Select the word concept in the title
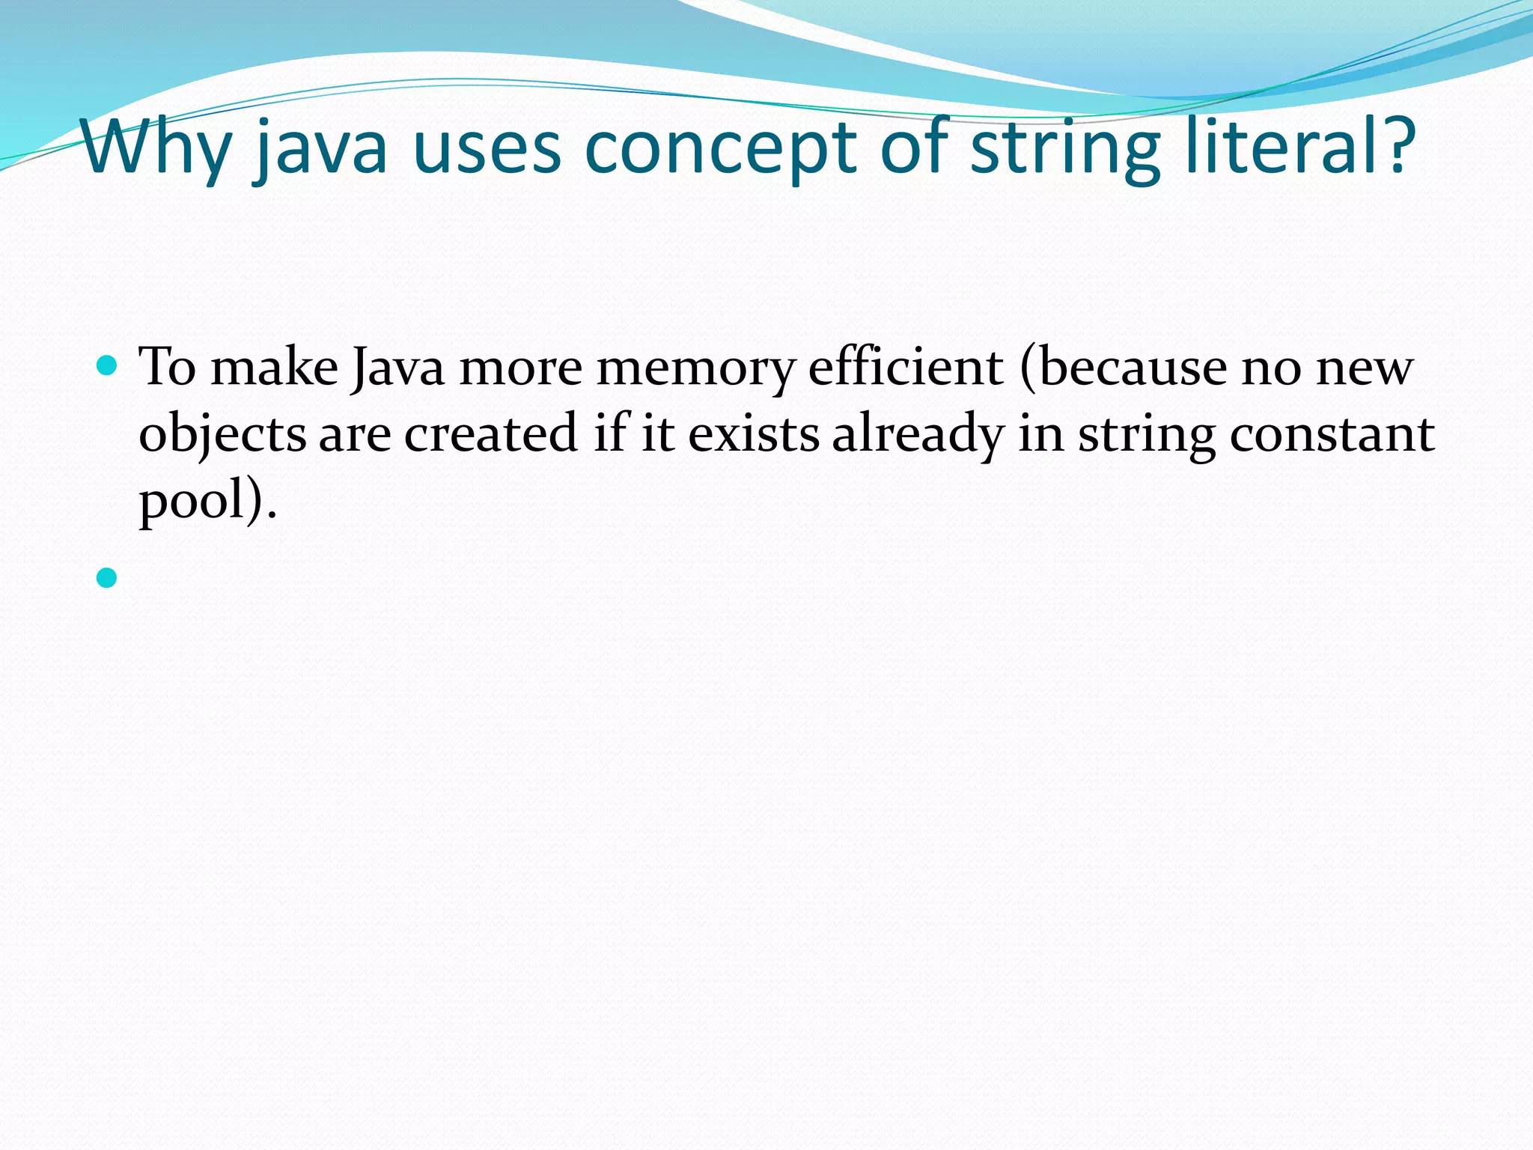pyautogui.click(x=718, y=150)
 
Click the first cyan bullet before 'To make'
pyautogui.click(x=108, y=366)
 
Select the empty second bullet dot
pyautogui.click(x=108, y=577)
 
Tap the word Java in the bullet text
pyautogui.click(x=397, y=368)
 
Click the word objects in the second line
pyautogui.click(x=222, y=435)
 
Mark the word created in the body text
pyautogui.click(x=491, y=433)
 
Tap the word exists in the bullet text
pyautogui.click(x=754, y=433)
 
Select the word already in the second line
pyautogui.click(x=918, y=435)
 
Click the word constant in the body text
pyautogui.click(x=1332, y=433)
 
